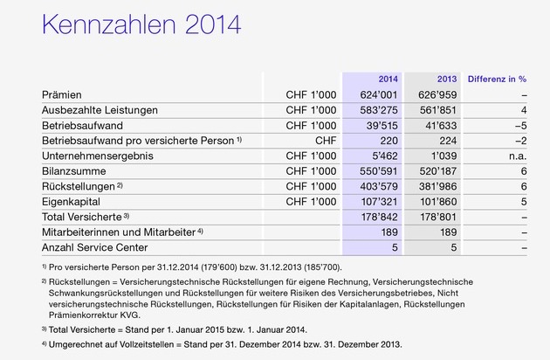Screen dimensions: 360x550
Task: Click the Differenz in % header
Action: coord(495,78)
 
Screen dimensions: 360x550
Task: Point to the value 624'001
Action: coord(381,93)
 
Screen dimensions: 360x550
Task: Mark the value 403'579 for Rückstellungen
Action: coord(381,186)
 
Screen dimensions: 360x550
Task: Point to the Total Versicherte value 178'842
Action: coord(381,217)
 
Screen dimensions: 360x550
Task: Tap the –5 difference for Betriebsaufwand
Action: coord(520,124)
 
